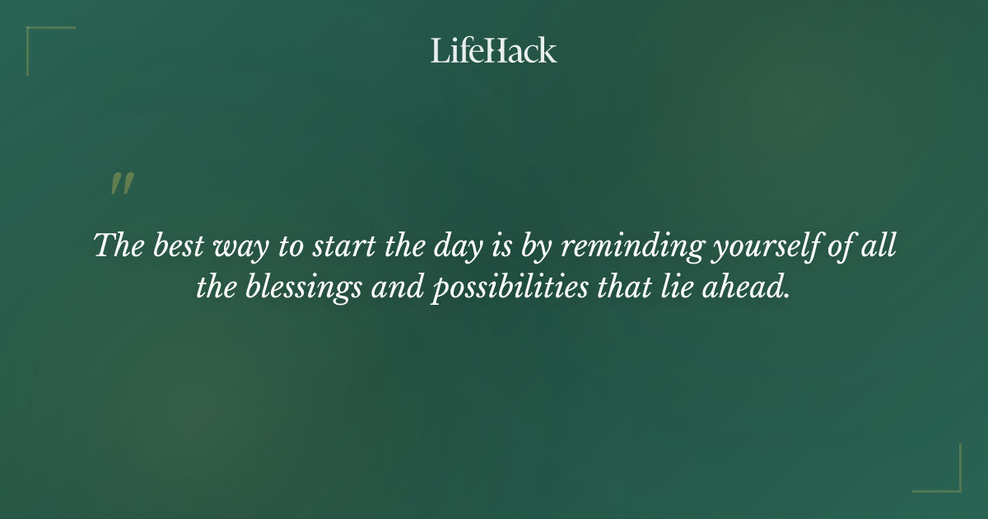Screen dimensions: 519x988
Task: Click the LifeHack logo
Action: pyautogui.click(x=494, y=50)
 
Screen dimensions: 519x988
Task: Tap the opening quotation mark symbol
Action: pyautogui.click(x=122, y=185)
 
